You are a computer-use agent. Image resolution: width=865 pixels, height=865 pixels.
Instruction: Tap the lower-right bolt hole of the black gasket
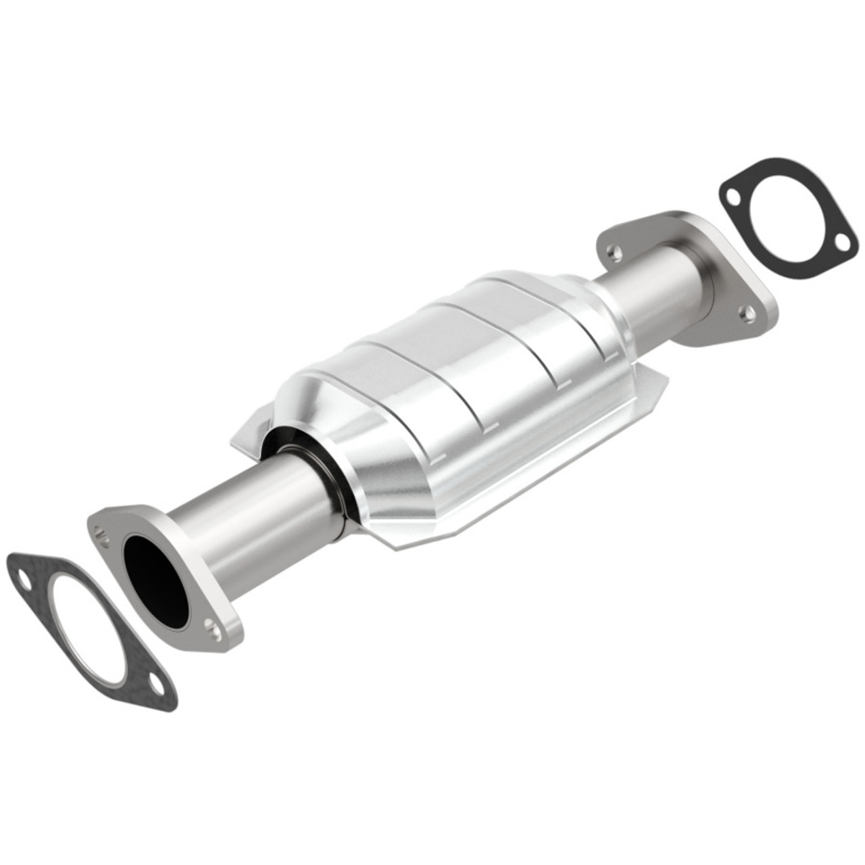point(841,241)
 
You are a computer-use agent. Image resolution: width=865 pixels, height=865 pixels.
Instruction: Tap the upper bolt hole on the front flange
point(102,533)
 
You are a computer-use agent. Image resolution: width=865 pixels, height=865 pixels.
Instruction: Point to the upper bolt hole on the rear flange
point(614,253)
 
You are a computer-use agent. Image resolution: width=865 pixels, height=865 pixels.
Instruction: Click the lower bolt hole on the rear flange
point(747,312)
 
